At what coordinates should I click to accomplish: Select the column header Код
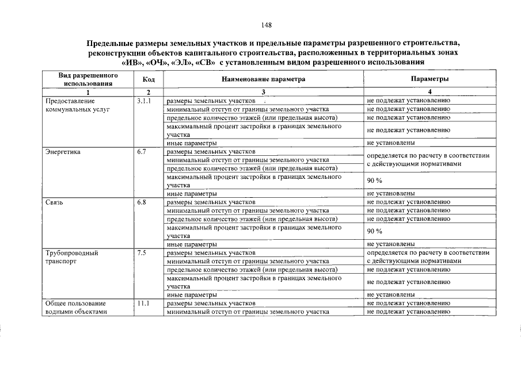pyautogui.click(x=148, y=79)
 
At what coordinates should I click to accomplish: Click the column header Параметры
pyautogui.click(x=429, y=79)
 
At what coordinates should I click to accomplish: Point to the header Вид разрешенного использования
pyautogui.click(x=88, y=79)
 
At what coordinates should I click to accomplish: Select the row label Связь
pyautogui.click(x=54, y=202)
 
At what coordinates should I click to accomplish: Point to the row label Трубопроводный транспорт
pyautogui.click(x=71, y=256)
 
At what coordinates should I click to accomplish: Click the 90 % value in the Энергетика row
pyautogui.click(x=375, y=181)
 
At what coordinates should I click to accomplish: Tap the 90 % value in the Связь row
pyautogui.click(x=375, y=231)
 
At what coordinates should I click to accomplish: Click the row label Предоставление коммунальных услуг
pyautogui.click(x=77, y=105)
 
